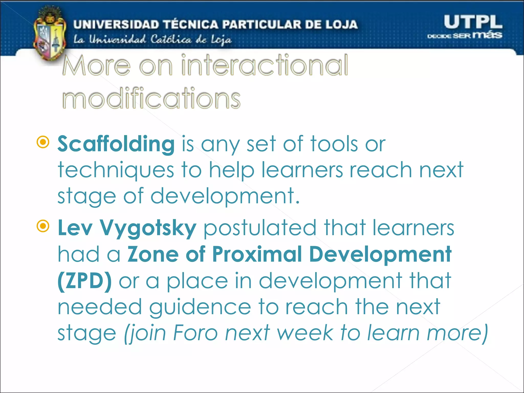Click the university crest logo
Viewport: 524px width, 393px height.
49,33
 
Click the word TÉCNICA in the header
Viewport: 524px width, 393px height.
191,25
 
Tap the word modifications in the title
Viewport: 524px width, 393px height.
151,99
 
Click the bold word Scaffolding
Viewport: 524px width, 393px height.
116,144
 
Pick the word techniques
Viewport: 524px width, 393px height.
116,170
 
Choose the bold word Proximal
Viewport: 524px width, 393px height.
257,254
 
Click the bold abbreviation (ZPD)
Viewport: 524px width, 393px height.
85,281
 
